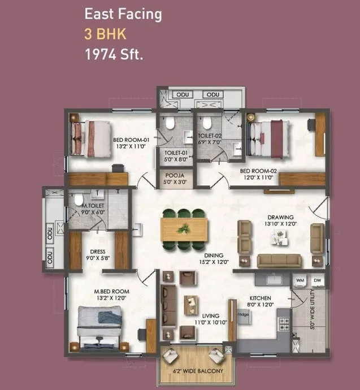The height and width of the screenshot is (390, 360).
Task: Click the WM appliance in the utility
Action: (x=300, y=280)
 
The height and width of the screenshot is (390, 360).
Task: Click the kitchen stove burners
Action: (x=285, y=324)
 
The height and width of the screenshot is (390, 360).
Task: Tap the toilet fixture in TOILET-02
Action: (x=206, y=124)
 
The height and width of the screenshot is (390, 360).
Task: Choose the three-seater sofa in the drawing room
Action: (x=279, y=260)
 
